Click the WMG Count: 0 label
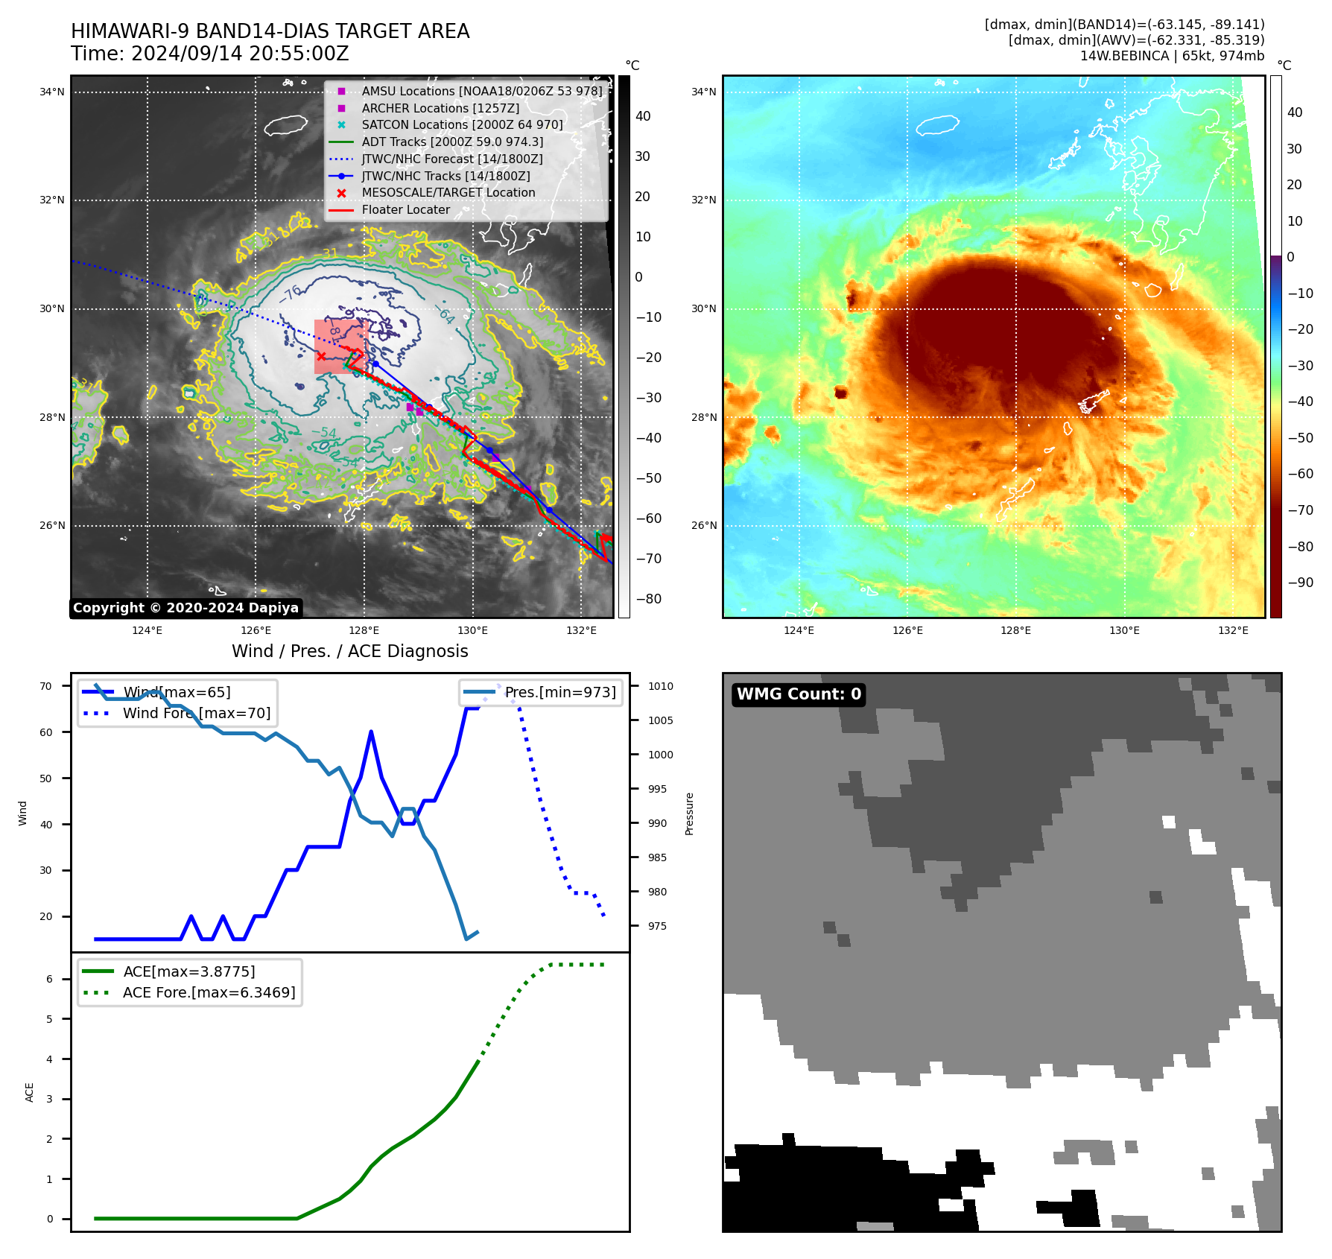[799, 694]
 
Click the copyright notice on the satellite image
[185, 608]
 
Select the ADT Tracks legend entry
[452, 142]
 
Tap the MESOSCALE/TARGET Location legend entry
[448, 192]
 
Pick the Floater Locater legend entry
[405, 209]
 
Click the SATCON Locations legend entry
[462, 124]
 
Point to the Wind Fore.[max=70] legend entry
[197, 713]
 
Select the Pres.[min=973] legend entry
[560, 692]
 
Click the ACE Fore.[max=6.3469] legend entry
[209, 992]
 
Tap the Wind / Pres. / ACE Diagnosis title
[350, 651]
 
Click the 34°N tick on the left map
[52, 92]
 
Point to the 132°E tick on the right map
[1233, 630]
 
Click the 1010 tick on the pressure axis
[660, 686]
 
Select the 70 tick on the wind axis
[46, 686]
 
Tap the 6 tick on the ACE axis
[50, 979]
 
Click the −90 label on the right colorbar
[1301, 583]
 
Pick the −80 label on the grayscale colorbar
[649, 599]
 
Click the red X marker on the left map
[321, 357]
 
